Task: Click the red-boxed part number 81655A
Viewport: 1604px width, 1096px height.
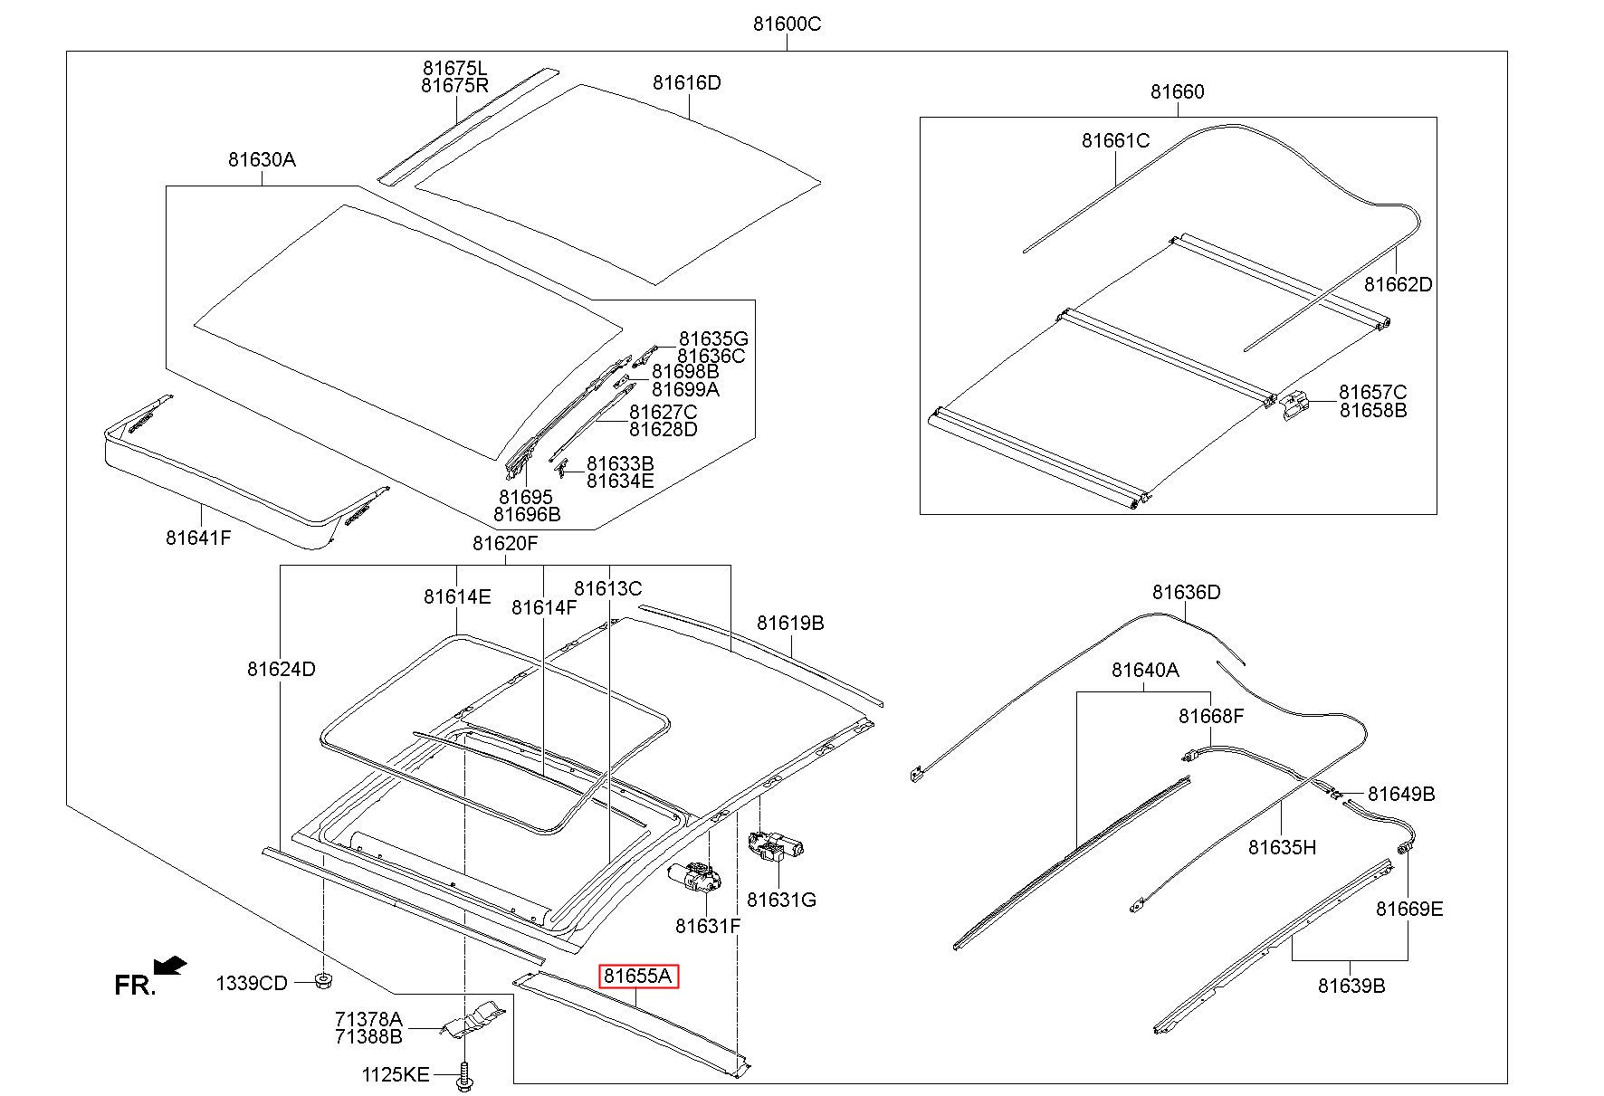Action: (639, 976)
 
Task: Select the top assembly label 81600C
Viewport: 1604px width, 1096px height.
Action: (787, 24)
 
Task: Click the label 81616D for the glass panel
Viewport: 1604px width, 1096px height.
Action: (686, 83)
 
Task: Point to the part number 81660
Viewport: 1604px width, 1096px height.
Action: (1177, 92)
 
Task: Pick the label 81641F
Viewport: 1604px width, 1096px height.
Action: (198, 538)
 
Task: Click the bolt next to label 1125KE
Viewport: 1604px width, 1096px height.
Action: (465, 1076)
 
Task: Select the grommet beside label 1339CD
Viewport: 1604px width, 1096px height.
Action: (321, 980)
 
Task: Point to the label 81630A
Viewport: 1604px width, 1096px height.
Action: (262, 160)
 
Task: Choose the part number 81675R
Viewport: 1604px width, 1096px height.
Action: (454, 86)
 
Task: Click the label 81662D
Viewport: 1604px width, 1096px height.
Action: (1399, 284)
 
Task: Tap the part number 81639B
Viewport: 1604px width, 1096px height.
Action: (1351, 986)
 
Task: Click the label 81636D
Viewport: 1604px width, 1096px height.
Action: (1186, 593)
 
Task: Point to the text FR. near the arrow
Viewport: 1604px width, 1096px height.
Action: (135, 986)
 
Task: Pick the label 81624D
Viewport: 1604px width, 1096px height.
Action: (281, 670)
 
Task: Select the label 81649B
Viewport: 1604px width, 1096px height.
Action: (1400, 795)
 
